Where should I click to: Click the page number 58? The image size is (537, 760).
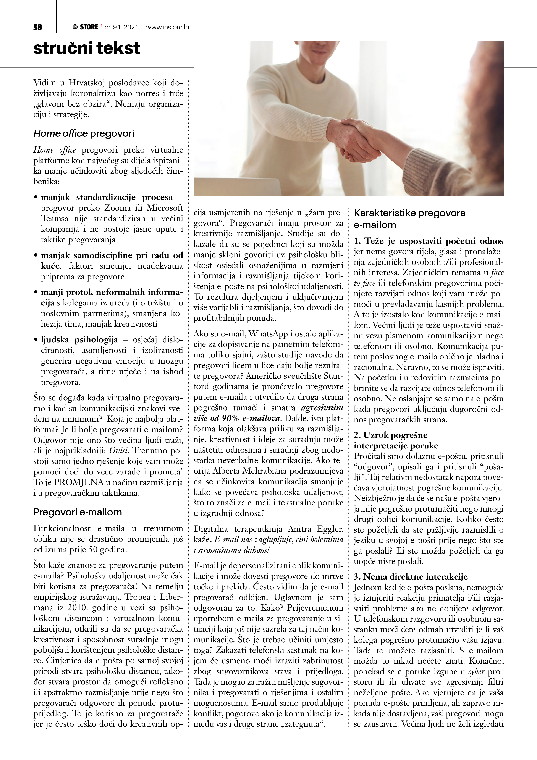[x=38, y=28]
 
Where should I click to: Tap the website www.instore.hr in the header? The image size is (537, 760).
[x=168, y=28]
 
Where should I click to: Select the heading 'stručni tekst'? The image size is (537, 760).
[x=87, y=48]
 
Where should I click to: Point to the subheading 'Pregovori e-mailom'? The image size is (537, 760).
[x=78, y=512]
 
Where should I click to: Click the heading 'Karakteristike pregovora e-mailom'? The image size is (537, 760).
[x=409, y=219]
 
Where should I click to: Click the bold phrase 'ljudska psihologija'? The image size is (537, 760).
[x=79, y=340]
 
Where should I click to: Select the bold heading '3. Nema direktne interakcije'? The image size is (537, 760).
[x=411, y=577]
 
